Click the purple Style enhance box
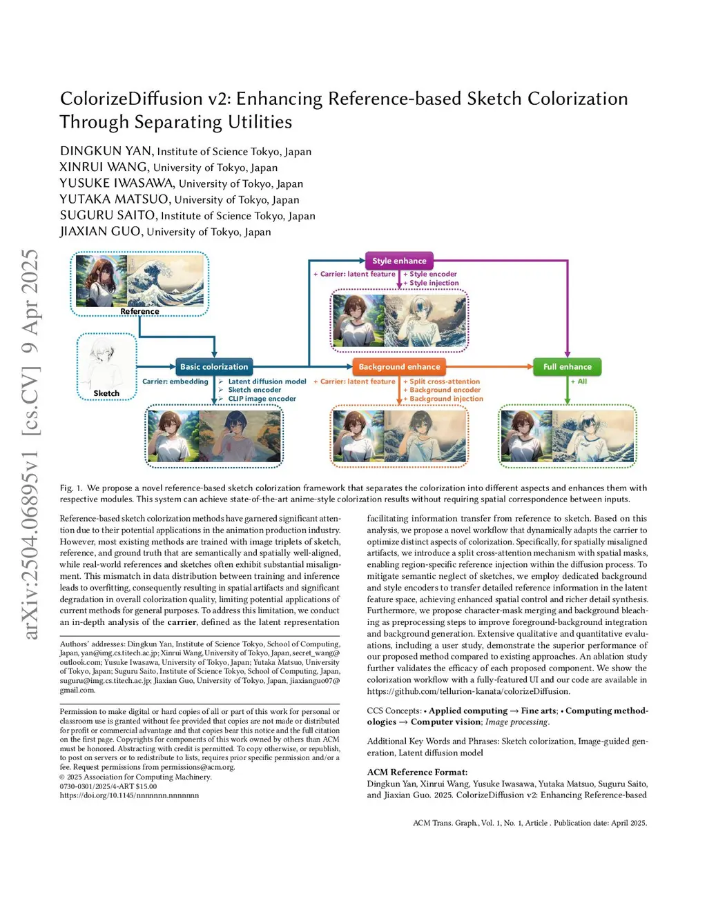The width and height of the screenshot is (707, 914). (399, 261)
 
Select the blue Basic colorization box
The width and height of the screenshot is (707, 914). (214, 367)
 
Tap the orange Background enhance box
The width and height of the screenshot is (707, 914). (399, 367)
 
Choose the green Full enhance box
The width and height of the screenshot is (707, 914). (567, 367)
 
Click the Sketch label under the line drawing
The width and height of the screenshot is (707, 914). (106, 393)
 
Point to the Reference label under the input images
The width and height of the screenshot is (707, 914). (139, 311)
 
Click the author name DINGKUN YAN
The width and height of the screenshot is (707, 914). (106, 151)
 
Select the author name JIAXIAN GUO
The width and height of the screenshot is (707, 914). (101, 232)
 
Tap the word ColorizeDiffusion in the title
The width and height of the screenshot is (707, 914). (131, 99)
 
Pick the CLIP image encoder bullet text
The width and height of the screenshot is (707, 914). (262, 399)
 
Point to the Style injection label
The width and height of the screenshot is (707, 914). (434, 283)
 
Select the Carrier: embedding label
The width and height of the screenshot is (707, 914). (175, 381)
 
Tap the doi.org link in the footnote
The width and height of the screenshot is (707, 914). (129, 795)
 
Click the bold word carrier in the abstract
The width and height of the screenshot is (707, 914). (182, 622)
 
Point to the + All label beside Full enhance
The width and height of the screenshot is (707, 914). (579, 381)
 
